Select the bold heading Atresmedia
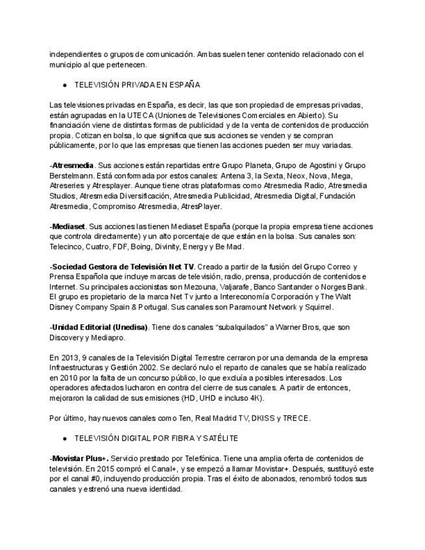[73, 165]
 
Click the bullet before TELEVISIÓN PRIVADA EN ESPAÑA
[65, 85]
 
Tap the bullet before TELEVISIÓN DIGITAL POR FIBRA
[65, 438]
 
